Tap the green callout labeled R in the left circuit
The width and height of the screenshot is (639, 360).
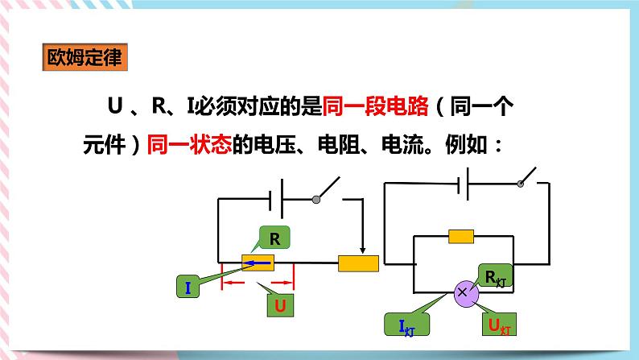pyautogui.click(x=274, y=238)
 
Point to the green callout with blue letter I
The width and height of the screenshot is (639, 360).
pyautogui.click(x=188, y=285)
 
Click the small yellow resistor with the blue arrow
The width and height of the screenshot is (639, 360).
pyautogui.click(x=258, y=263)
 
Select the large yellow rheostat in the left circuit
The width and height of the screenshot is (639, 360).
pyautogui.click(x=358, y=263)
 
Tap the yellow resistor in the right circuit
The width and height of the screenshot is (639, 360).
pyautogui.click(x=461, y=236)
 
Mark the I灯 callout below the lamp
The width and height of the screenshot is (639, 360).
pyautogui.click(x=405, y=325)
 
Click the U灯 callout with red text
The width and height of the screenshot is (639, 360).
pyautogui.click(x=500, y=325)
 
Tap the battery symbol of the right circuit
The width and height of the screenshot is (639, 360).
pyautogui.click(x=464, y=184)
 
